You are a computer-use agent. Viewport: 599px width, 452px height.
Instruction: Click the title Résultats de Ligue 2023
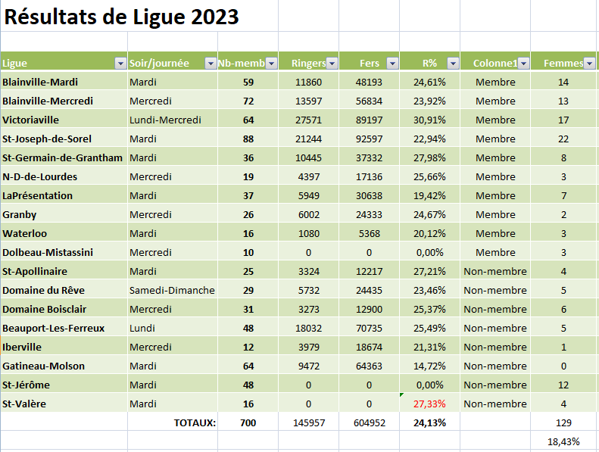(121, 17)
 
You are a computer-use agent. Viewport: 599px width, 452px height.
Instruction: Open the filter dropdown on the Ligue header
(120, 63)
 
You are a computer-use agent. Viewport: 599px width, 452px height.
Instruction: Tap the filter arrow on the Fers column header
(392, 63)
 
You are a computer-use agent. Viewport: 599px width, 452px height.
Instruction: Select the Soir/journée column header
(159, 63)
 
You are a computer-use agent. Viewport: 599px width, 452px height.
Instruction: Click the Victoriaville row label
(30, 120)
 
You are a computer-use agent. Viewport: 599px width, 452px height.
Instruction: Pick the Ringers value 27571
(309, 120)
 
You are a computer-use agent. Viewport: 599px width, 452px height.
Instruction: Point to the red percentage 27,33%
(429, 404)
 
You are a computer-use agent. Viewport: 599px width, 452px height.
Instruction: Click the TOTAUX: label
(195, 423)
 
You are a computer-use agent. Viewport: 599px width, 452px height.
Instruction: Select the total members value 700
(248, 423)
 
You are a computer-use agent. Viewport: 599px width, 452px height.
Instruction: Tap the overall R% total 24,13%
(429, 423)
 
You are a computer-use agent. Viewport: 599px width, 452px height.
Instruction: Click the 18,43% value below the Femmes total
(563, 442)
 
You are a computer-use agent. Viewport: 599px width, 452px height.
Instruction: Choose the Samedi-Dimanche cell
(172, 291)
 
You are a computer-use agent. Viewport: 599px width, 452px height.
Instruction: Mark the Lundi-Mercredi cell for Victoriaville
(165, 120)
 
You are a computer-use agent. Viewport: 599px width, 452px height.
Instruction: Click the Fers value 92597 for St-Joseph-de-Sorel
(369, 139)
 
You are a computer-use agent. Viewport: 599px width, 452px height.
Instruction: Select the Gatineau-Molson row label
(44, 366)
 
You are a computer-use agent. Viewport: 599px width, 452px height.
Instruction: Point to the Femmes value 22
(563, 139)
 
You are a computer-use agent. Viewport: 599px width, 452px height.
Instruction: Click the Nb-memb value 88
(248, 139)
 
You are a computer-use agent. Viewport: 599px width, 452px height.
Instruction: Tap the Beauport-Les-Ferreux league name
(54, 328)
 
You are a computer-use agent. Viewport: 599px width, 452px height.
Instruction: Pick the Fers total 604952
(370, 423)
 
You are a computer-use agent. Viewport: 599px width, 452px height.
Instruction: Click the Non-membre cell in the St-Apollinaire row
(495, 271)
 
